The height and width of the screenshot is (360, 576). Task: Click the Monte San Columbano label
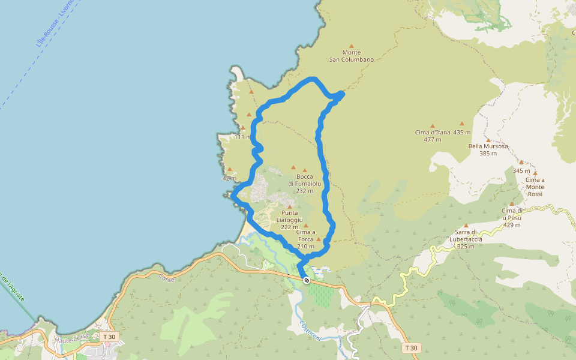coord(352,56)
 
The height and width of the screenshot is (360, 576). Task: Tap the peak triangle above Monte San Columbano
coord(352,46)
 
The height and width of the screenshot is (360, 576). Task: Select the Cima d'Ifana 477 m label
coord(432,136)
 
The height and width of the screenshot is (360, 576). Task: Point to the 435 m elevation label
coord(462,132)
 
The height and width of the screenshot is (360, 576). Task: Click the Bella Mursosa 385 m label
coord(488,149)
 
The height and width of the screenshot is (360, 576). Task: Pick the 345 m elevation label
coord(521,171)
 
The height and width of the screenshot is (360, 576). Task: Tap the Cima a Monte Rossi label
coord(535,187)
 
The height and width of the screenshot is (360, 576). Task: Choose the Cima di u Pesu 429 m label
coord(512,218)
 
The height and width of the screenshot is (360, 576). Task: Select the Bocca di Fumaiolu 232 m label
coord(305,184)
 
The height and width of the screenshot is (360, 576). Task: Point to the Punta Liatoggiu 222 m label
coord(289,220)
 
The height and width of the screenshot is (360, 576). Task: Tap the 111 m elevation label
coord(242,137)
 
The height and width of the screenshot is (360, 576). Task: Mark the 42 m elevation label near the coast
coord(229,178)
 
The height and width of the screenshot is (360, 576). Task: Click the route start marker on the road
coord(307,280)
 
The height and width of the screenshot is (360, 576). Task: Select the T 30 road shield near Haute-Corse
coord(109,337)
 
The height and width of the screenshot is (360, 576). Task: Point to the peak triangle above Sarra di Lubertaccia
coord(466,226)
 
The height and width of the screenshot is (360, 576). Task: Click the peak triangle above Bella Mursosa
coord(488,140)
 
